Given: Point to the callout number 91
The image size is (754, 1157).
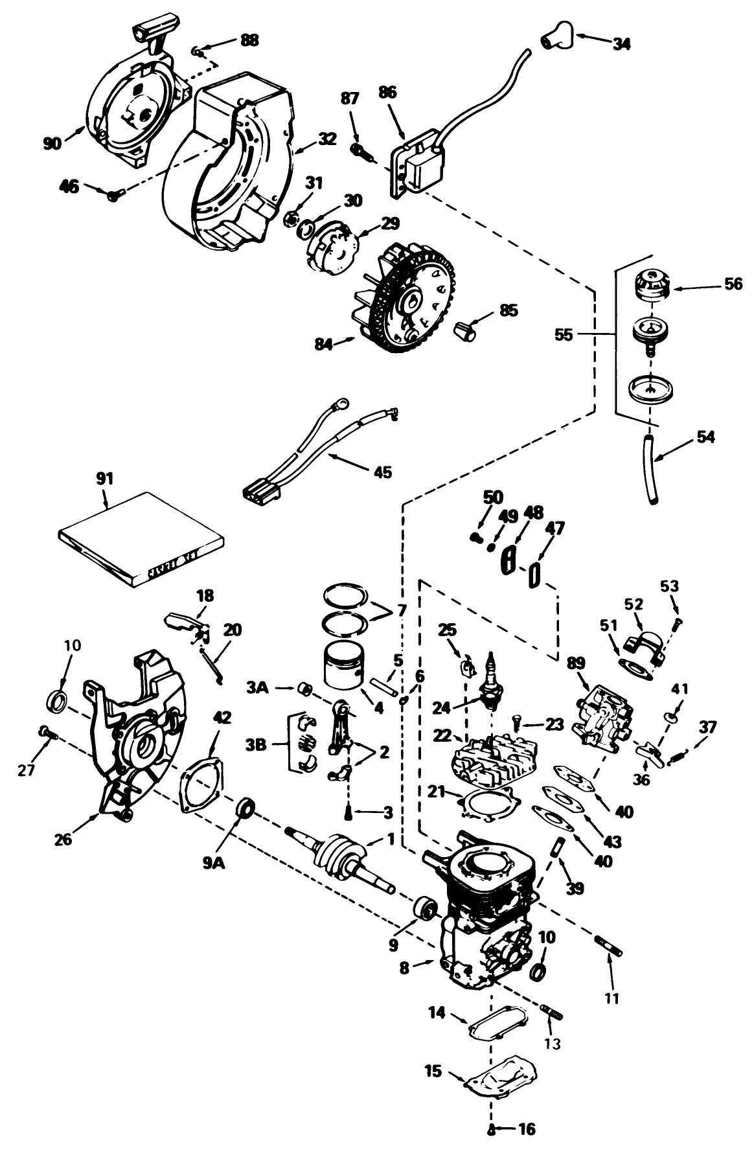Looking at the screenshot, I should tap(104, 479).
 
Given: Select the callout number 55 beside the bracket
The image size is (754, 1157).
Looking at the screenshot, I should tap(564, 335).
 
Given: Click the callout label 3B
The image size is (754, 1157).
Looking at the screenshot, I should tap(257, 746).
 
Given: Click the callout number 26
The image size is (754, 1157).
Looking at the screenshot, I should tap(64, 840).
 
